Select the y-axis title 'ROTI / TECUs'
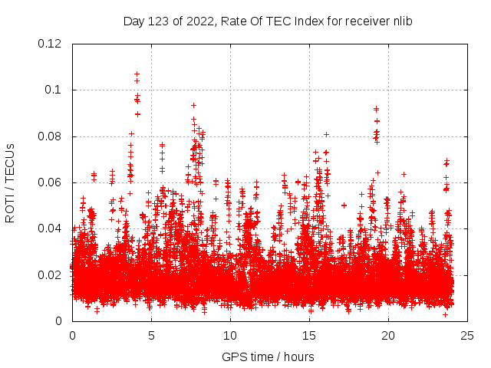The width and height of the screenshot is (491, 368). pyautogui.click(x=10, y=182)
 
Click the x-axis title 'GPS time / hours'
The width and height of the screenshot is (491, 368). pyautogui.click(x=268, y=356)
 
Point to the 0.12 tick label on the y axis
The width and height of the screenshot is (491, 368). pyautogui.click(x=51, y=44)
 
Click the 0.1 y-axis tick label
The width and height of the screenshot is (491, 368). pyautogui.click(x=54, y=90)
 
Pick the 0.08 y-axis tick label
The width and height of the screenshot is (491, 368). pyautogui.click(x=51, y=136)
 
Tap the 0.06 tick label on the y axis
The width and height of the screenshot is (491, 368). pyautogui.click(x=51, y=182)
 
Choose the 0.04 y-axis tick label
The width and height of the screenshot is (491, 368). pyautogui.click(x=51, y=228)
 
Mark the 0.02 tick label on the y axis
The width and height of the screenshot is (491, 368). pyautogui.click(x=51, y=275)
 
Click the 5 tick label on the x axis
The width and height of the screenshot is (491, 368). pyautogui.click(x=151, y=335)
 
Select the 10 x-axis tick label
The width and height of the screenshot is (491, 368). pyautogui.click(x=230, y=335)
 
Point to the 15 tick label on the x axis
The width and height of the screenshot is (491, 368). pyautogui.click(x=309, y=335)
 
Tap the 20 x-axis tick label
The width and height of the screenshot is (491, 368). pyautogui.click(x=388, y=335)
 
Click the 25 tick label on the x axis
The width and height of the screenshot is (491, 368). pyautogui.click(x=467, y=335)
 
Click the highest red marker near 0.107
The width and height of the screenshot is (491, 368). pyautogui.click(x=137, y=74)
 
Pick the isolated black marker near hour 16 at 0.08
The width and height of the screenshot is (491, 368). pyautogui.click(x=326, y=135)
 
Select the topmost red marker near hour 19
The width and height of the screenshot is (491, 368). pyautogui.click(x=376, y=109)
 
